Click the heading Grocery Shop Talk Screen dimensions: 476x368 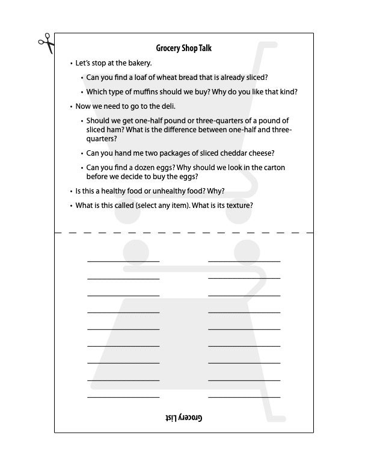[x=183, y=48]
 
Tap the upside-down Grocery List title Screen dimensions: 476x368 [x=183, y=417]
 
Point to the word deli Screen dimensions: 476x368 [x=167, y=106]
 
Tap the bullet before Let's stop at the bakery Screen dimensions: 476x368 [x=71, y=63]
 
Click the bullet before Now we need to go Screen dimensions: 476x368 [x=71, y=107]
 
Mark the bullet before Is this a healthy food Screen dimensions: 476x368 [x=71, y=192]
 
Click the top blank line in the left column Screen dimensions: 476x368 [x=123, y=261]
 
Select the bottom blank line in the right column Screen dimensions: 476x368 [x=244, y=397]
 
